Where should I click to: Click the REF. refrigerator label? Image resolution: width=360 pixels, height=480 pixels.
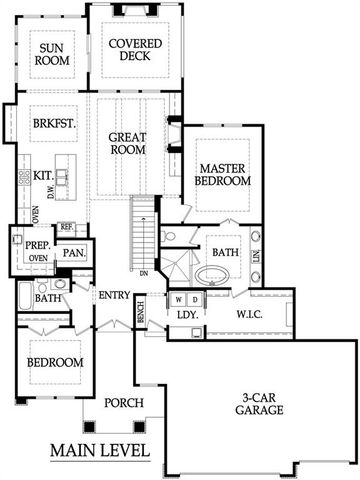[x=66, y=228]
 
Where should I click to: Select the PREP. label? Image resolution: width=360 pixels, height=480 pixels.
[x=38, y=244]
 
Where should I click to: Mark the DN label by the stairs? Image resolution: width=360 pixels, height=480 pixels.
[x=144, y=272]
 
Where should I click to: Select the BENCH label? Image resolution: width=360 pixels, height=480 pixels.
[x=140, y=312]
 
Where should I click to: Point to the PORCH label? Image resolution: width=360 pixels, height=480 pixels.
[x=125, y=403]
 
